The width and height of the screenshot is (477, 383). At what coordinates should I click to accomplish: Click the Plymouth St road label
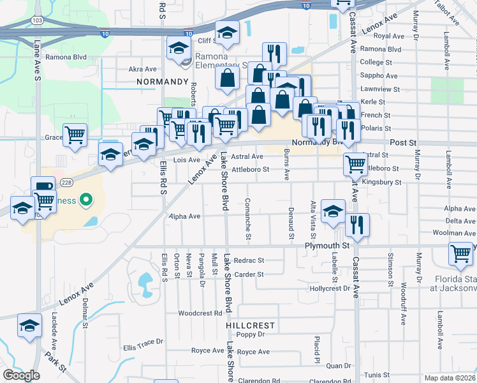[328, 245]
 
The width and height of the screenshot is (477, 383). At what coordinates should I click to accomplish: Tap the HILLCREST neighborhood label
[251, 325]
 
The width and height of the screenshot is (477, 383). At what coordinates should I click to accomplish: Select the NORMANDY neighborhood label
[163, 82]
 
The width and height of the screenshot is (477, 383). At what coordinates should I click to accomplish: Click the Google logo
[21, 375]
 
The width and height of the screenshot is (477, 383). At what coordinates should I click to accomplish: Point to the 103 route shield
[38, 20]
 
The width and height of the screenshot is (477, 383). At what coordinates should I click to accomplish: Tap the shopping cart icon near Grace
[75, 135]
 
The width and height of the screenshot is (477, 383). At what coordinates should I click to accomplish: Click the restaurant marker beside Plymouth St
[357, 225]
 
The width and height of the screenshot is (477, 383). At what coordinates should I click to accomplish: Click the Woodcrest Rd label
[200, 313]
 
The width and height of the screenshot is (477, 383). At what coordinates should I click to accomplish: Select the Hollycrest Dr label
[330, 289]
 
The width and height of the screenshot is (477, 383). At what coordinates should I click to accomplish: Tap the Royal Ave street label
[390, 36]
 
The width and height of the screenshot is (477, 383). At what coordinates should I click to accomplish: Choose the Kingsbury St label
[381, 182]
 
